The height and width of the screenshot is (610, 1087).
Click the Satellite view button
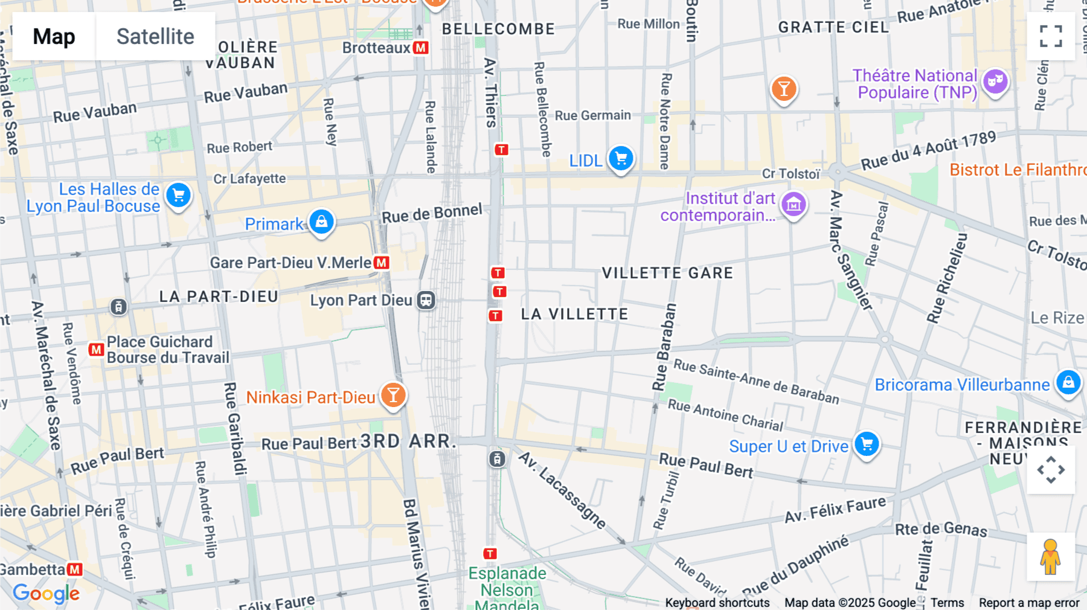pyautogui.click(x=155, y=36)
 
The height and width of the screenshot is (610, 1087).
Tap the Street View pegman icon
pyautogui.click(x=1050, y=557)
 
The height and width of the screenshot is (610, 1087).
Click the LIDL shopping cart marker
pyautogui.click(x=621, y=159)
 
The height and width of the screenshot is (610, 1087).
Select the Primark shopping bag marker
pyautogui.click(x=321, y=222)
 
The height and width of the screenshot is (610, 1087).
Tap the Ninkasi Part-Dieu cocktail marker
pyautogui.click(x=393, y=396)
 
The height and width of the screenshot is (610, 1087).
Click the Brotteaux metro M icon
pyautogui.click(x=421, y=48)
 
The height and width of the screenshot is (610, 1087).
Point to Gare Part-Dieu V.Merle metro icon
pyautogui.click(x=381, y=263)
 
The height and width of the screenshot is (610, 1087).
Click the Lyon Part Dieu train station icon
pyautogui.click(x=426, y=300)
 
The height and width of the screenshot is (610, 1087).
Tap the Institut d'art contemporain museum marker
pyautogui.click(x=794, y=205)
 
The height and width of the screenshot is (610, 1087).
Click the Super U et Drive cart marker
pyautogui.click(x=867, y=445)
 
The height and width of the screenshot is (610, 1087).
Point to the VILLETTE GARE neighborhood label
pyautogui.click(x=667, y=273)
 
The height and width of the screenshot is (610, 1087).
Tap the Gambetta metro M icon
pyautogui.click(x=75, y=570)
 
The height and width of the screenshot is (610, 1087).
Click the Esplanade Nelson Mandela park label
pyautogui.click(x=507, y=588)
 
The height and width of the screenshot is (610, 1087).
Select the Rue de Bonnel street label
pyautogui.click(x=432, y=213)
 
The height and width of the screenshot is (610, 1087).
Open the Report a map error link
pyautogui.click(x=1028, y=603)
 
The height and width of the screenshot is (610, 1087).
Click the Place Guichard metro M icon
pyautogui.click(x=96, y=350)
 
